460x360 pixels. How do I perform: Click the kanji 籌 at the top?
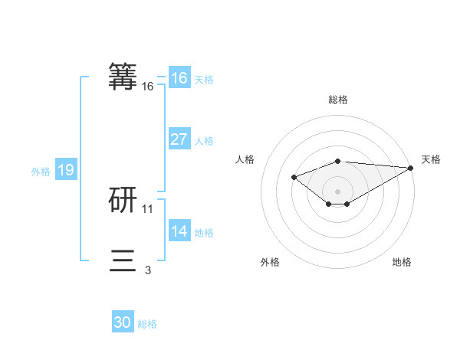[123, 77]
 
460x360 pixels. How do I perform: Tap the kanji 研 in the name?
[123, 200]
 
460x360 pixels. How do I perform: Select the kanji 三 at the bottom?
[123, 261]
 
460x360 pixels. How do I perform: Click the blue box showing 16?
[179, 78]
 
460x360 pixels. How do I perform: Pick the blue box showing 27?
[179, 139]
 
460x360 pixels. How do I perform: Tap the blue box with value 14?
[179, 231]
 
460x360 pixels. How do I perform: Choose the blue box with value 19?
[65, 170]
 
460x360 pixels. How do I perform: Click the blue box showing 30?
[123, 322]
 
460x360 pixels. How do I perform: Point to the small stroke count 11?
[148, 208]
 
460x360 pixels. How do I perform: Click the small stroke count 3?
[148, 270]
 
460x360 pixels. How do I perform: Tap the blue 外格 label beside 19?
[41, 172]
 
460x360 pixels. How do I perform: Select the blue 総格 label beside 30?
[147, 324]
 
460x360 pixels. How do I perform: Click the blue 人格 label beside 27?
[204, 141]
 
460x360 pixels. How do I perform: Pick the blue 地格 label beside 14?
[204, 233]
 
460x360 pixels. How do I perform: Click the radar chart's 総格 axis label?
[338, 100]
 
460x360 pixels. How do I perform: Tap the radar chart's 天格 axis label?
[431, 159]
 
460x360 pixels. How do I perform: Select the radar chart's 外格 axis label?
[270, 263]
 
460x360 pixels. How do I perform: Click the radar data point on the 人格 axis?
[294, 178]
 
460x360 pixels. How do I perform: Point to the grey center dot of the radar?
[338, 191]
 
